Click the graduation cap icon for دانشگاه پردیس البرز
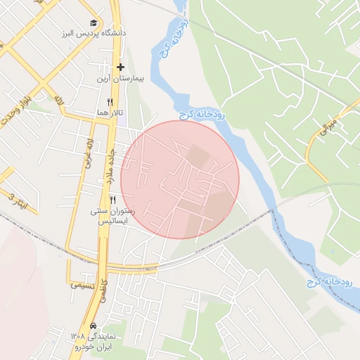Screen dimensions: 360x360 tap(95, 23)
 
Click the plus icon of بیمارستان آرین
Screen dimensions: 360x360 tap(121, 67)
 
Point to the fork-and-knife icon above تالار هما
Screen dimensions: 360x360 tap(110, 102)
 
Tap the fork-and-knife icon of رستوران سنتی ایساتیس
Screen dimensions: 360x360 tap(112, 200)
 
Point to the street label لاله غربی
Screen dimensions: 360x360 tap(89, 151)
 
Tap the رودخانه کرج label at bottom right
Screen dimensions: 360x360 tap(328, 282)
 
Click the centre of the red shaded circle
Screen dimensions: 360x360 tap(180, 179)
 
